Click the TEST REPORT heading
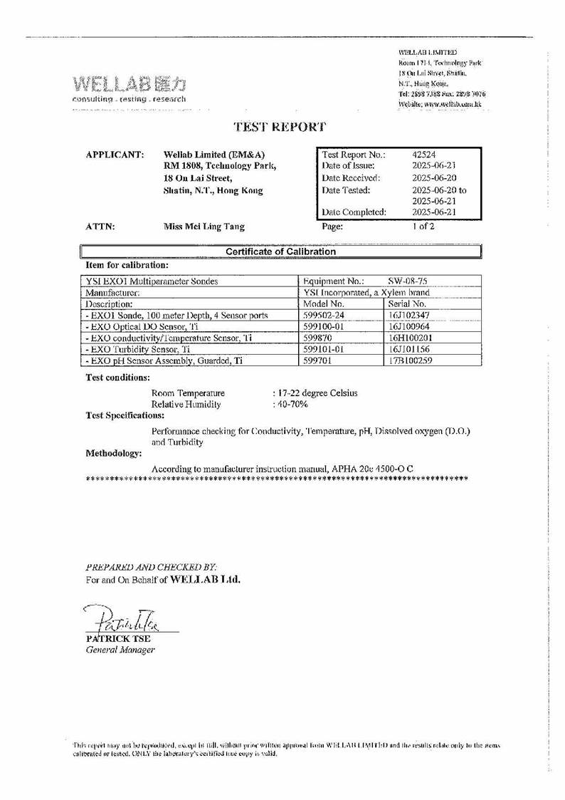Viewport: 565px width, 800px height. pyautogui.click(x=280, y=128)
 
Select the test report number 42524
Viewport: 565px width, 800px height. pyautogui.click(x=426, y=155)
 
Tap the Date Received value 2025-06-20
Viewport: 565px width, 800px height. pyautogui.click(x=436, y=178)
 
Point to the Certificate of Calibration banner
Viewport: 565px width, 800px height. pyautogui.click(x=280, y=251)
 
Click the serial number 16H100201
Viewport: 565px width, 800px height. pyautogui.click(x=411, y=337)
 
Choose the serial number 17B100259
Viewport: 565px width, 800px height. pyautogui.click(x=411, y=361)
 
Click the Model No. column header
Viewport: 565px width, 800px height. pyautogui.click(x=324, y=303)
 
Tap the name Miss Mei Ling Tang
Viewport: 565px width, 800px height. pyautogui.click(x=204, y=227)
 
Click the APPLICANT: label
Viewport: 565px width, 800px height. pyautogui.click(x=115, y=155)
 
